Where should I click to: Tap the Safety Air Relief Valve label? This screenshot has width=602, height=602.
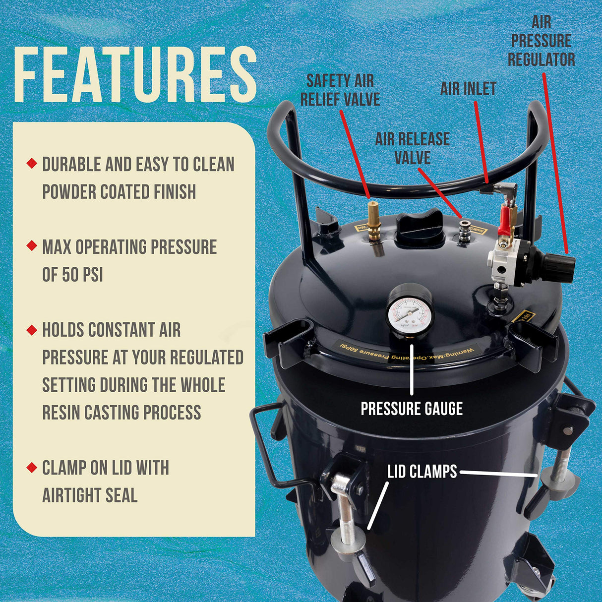point(340,90)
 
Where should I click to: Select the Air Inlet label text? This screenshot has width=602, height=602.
point(468,89)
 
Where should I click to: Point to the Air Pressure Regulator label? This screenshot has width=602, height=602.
point(541,41)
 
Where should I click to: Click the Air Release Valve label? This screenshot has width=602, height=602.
point(412,148)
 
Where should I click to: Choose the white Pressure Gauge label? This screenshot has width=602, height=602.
point(412,409)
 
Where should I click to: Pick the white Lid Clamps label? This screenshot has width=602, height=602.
point(422,472)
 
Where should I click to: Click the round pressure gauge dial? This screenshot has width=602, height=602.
point(410,310)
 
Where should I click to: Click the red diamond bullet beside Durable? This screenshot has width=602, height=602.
point(32,163)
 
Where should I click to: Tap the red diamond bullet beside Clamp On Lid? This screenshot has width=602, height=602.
point(32,467)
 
